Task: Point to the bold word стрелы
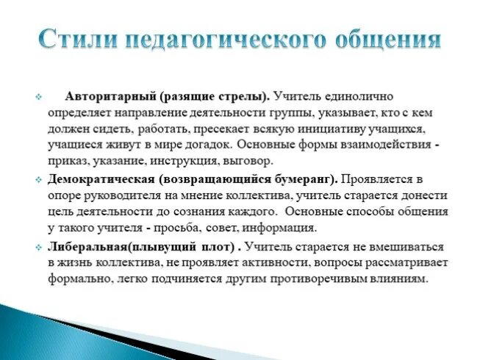(245, 96)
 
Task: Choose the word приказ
(68, 160)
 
